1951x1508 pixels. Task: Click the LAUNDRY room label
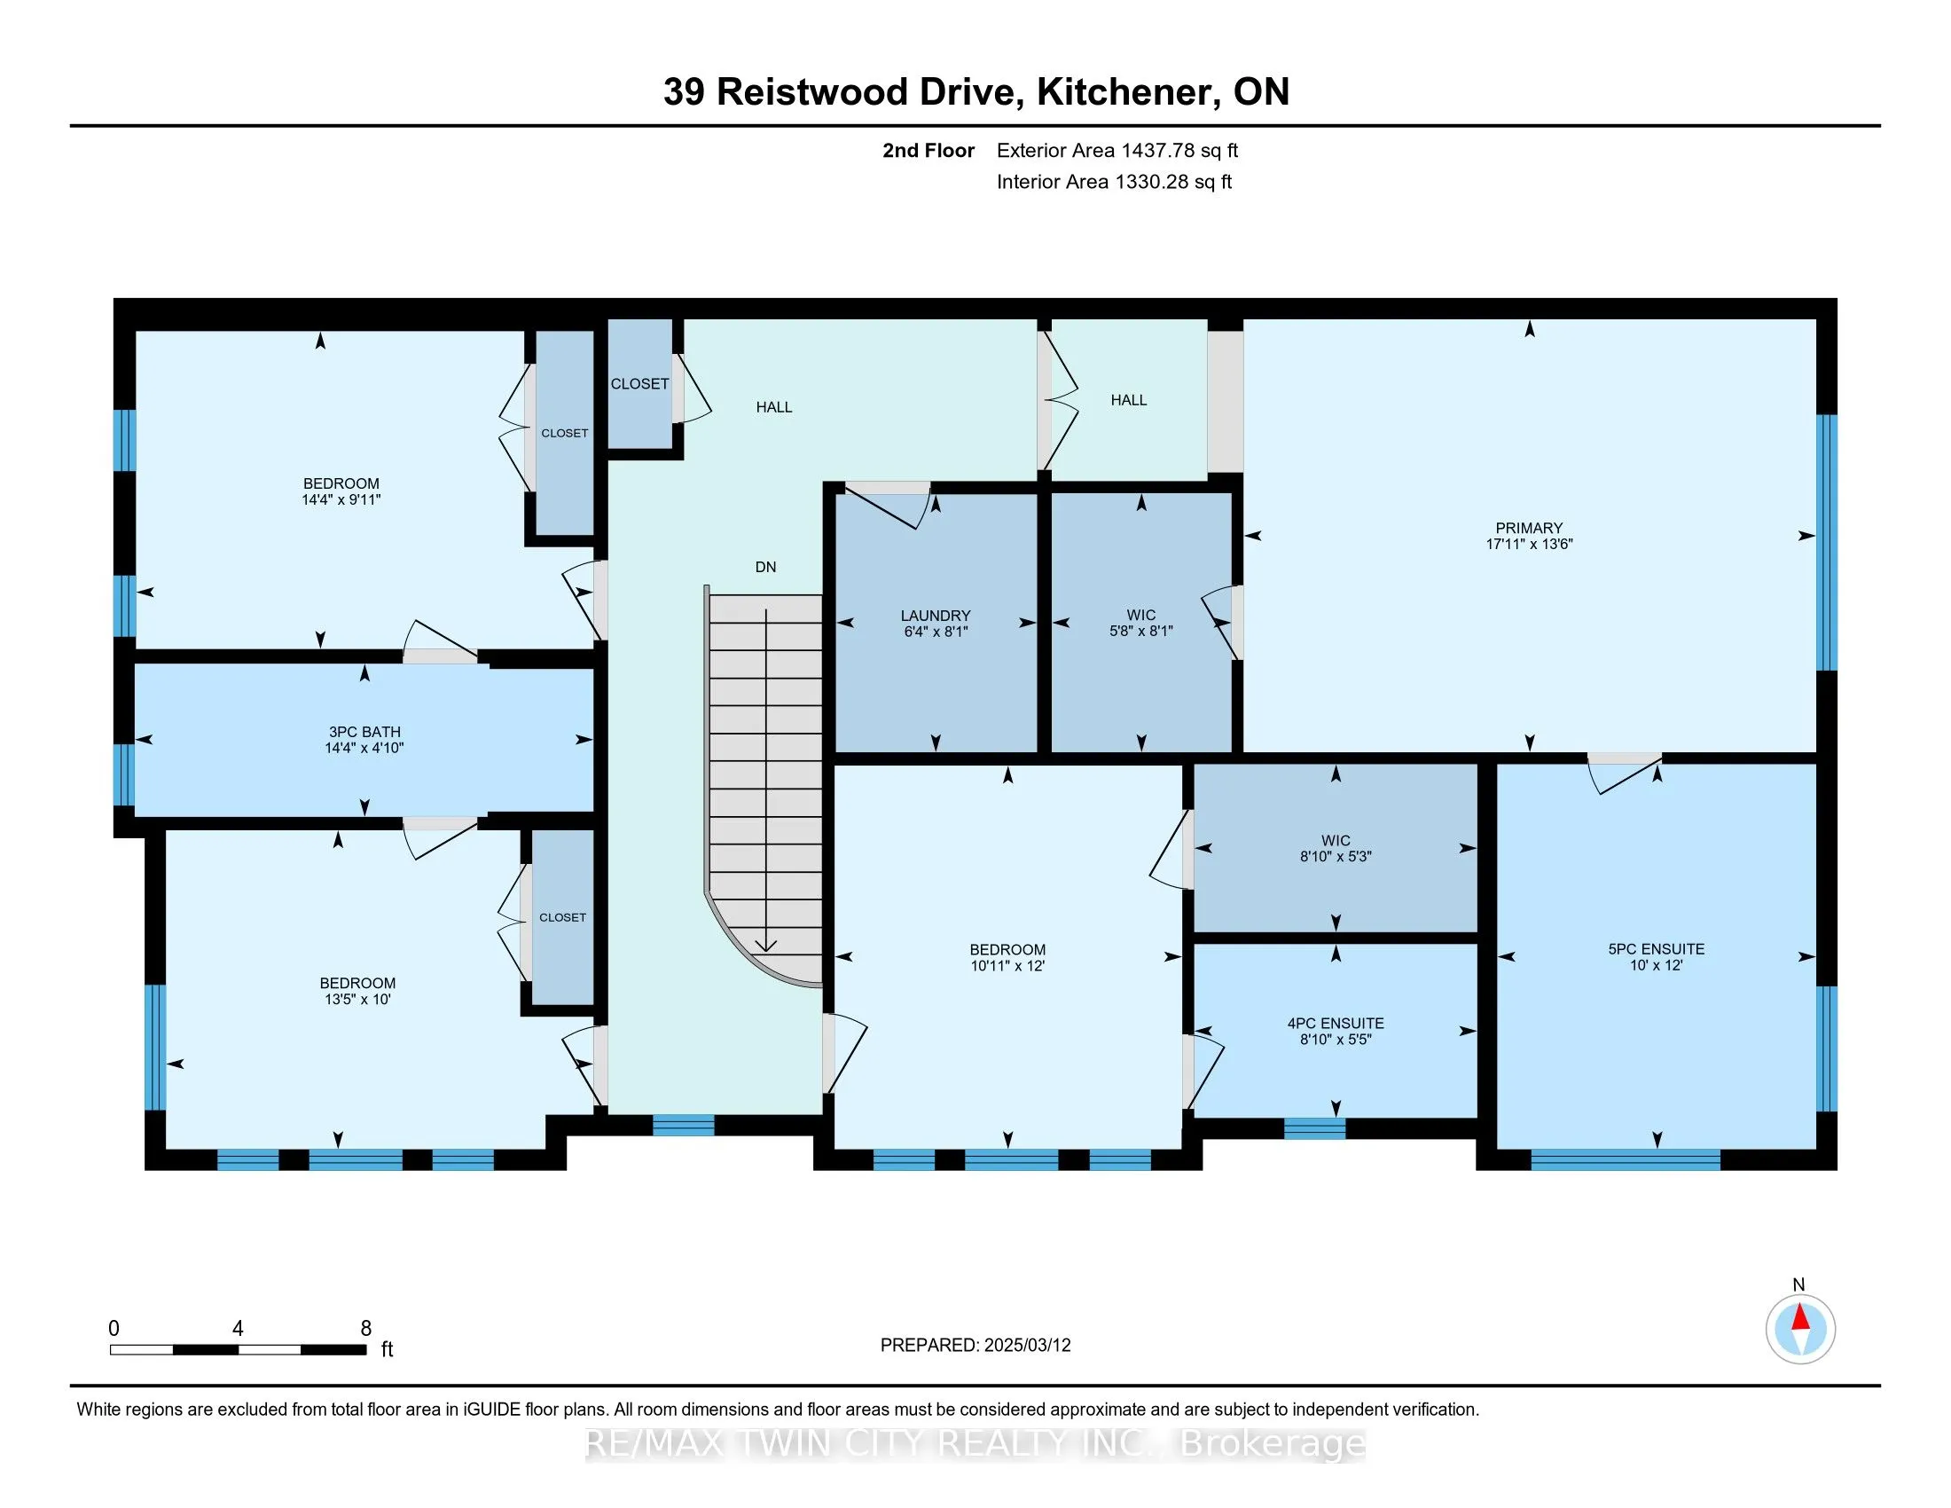(936, 616)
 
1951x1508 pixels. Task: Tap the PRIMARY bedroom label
(1530, 528)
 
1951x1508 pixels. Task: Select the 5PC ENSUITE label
(1657, 949)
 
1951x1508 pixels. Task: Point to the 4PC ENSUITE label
(1336, 1023)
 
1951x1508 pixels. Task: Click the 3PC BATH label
(364, 732)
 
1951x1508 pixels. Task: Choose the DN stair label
(765, 567)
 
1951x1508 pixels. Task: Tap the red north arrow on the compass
(1801, 1318)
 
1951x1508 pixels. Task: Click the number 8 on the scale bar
(366, 1329)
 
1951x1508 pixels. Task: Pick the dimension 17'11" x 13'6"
(1530, 543)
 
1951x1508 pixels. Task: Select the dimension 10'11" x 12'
(1007, 965)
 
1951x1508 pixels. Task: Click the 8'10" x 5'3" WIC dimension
(1336, 856)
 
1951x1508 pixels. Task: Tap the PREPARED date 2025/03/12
(1026, 1345)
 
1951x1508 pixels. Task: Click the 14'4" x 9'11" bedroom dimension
(341, 499)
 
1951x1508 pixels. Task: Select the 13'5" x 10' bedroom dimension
(357, 999)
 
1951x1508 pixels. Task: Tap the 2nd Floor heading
(928, 150)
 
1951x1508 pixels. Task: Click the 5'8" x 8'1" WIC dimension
(1140, 630)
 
